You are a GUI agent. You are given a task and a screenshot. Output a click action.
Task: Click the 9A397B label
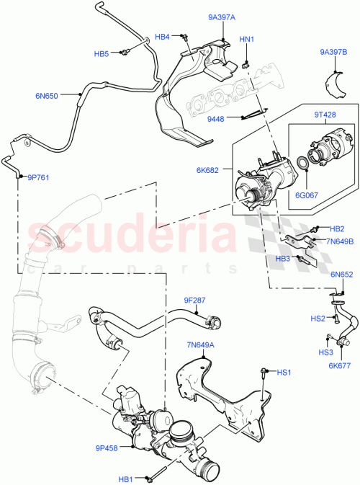[334, 52]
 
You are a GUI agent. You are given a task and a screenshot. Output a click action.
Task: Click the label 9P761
[38, 177]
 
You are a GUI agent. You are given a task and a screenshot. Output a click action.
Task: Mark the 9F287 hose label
[194, 298]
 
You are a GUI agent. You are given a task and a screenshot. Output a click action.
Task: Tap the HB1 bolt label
[127, 478]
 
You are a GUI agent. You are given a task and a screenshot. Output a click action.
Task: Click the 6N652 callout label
[341, 274]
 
